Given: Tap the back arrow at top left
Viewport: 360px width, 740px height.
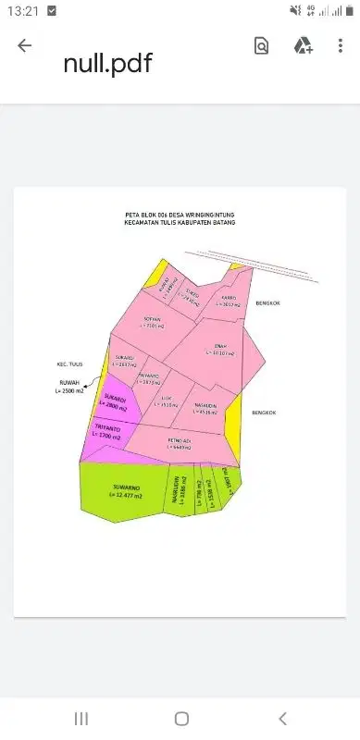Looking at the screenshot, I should [x=24, y=46].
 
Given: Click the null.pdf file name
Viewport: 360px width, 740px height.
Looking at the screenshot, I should [x=107, y=63].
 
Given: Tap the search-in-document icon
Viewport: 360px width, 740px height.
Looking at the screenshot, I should [x=262, y=46].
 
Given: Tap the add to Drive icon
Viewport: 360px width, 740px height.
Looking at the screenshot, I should [x=303, y=46].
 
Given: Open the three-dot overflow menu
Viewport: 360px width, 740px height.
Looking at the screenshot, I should [x=341, y=46].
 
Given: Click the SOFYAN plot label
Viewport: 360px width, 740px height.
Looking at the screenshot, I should [x=153, y=321].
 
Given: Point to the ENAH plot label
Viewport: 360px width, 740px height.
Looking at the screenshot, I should [x=219, y=347].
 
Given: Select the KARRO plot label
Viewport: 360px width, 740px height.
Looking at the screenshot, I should [x=228, y=298].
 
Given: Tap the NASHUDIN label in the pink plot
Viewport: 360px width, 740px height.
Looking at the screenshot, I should [x=205, y=405].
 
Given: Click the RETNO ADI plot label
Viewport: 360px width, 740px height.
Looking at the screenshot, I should [x=180, y=440].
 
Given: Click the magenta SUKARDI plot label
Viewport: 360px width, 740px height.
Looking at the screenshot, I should [x=118, y=400].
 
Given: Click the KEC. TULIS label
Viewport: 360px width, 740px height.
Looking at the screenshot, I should [x=68, y=364].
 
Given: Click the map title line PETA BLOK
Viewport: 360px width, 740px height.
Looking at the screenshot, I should [x=180, y=213].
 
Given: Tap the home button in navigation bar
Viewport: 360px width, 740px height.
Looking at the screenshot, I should [x=181, y=719].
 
